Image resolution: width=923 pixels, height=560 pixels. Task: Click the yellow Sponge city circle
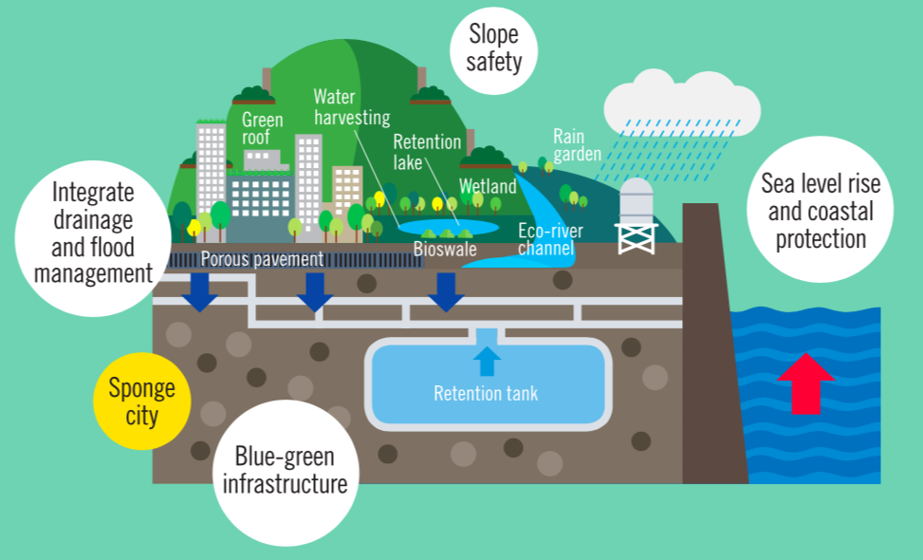141,401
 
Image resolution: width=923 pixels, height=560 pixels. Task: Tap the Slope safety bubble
493,48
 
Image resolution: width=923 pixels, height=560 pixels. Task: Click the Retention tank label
486,392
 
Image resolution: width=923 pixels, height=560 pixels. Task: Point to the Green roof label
262,129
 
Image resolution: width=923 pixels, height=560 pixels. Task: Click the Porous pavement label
263,257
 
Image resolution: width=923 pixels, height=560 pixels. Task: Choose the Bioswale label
445,250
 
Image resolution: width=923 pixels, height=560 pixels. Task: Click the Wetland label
488,187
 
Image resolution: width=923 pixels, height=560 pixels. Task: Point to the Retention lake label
427,152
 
